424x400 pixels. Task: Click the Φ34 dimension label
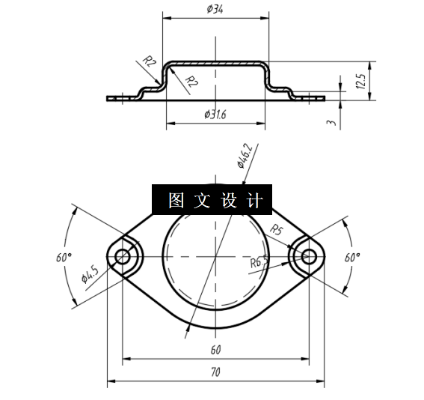click(214, 9)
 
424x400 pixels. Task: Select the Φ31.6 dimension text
click(215, 114)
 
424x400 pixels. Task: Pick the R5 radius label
click(276, 229)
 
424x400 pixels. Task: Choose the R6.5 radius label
click(259, 262)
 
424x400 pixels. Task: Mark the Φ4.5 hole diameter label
click(89, 276)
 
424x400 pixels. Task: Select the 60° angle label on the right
click(352, 256)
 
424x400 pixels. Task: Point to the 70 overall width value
click(215, 372)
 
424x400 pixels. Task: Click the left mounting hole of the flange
click(122, 257)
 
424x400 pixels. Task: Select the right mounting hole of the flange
click(308, 257)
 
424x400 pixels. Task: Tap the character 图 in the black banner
click(176, 200)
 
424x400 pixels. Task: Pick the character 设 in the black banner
click(228, 200)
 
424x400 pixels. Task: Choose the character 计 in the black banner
click(254, 200)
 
